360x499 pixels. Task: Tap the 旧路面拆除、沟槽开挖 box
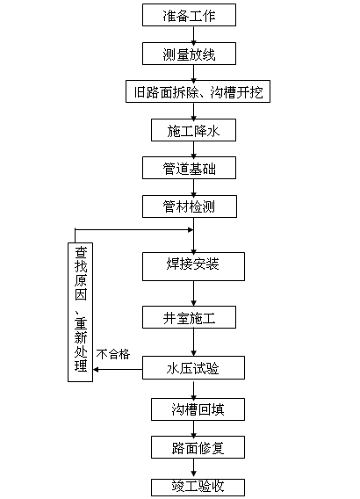[193, 91]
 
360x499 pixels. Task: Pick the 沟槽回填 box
[192, 409]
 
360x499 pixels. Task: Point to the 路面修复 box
[193, 447]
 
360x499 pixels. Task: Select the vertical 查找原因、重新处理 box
[81, 311]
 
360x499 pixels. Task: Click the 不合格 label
[113, 354]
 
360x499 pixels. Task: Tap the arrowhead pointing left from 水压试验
[98, 369]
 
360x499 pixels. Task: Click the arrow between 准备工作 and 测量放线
[192, 35]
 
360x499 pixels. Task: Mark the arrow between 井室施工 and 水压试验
[192, 344]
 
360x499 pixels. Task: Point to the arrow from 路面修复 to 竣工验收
[192, 467]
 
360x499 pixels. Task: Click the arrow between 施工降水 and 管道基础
[192, 149]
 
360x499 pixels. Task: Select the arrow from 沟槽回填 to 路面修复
[192, 429]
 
